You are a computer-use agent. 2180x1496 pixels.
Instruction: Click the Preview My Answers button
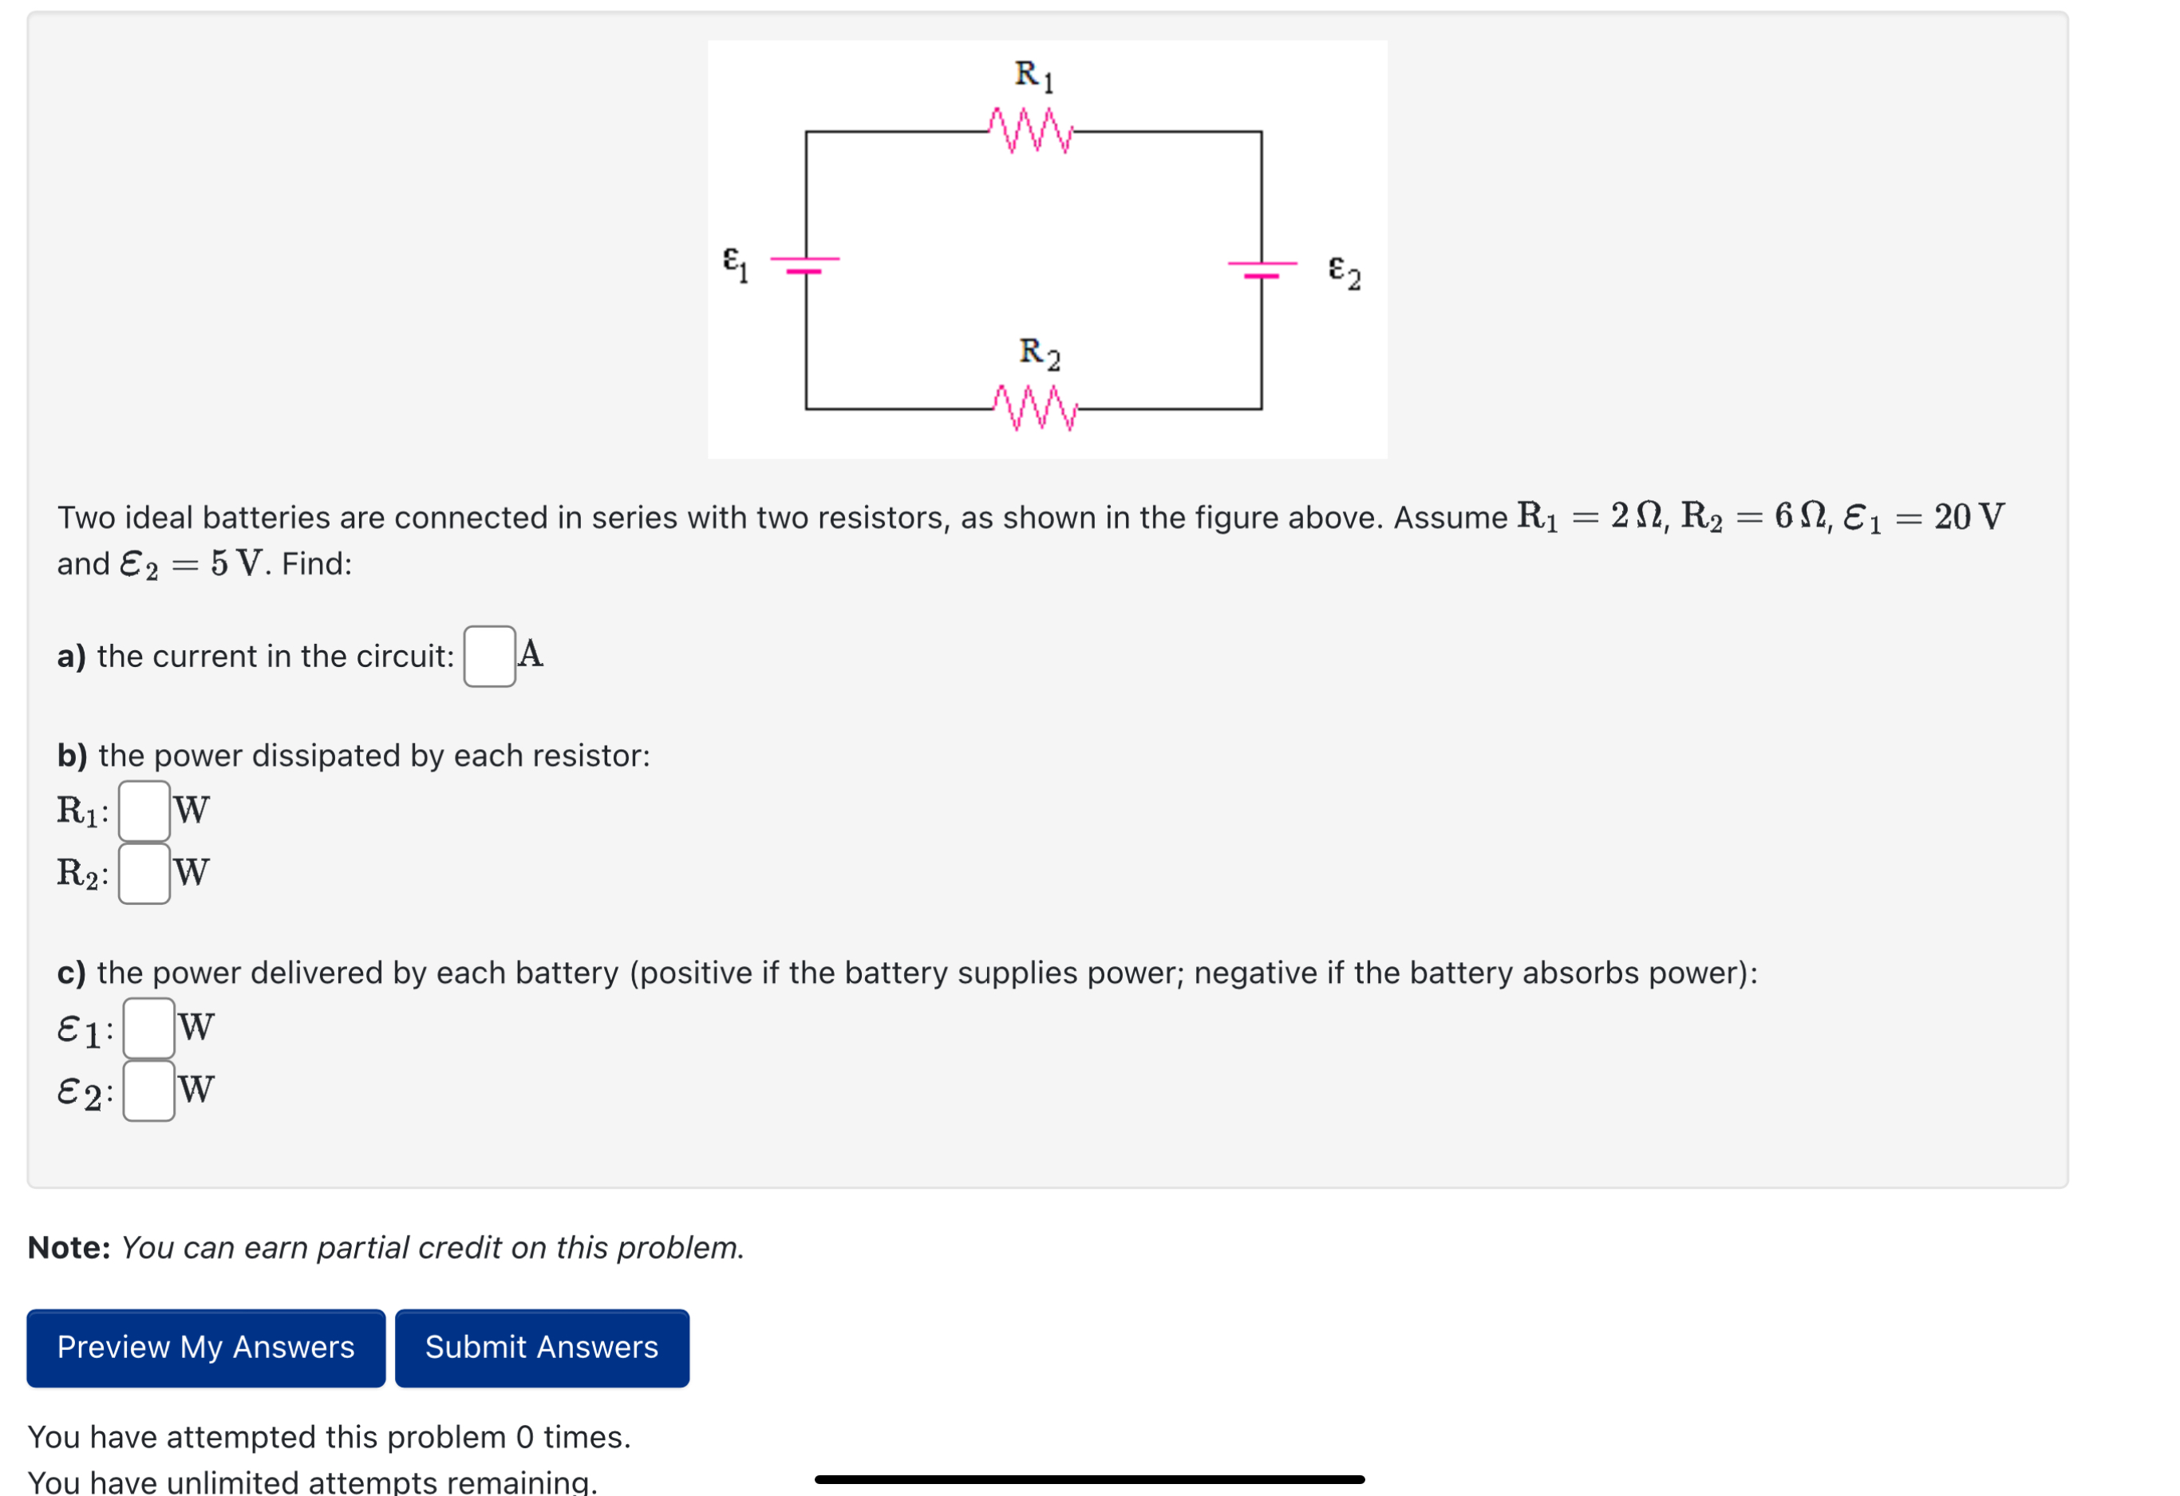[x=205, y=1348]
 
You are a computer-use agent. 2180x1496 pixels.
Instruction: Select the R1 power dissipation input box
[x=144, y=811]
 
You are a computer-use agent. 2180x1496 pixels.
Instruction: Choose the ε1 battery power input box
[x=149, y=1028]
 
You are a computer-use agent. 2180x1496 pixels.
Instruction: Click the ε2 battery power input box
[x=149, y=1091]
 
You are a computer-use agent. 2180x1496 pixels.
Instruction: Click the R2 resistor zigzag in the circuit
[x=1035, y=408]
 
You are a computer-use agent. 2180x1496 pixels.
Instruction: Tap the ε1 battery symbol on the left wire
[x=805, y=265]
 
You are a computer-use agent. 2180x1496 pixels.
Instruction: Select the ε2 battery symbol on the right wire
[x=1262, y=269]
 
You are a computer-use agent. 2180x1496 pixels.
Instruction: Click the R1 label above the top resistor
[x=1033, y=75]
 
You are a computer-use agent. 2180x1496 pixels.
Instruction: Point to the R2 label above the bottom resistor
[x=1040, y=353]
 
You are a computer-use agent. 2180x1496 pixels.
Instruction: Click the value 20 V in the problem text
[x=1968, y=517]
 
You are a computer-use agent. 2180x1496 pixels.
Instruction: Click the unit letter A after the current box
[x=531, y=653]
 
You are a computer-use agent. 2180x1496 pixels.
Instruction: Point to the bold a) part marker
[x=71, y=657]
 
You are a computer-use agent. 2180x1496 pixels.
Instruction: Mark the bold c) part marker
[x=71, y=973]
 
